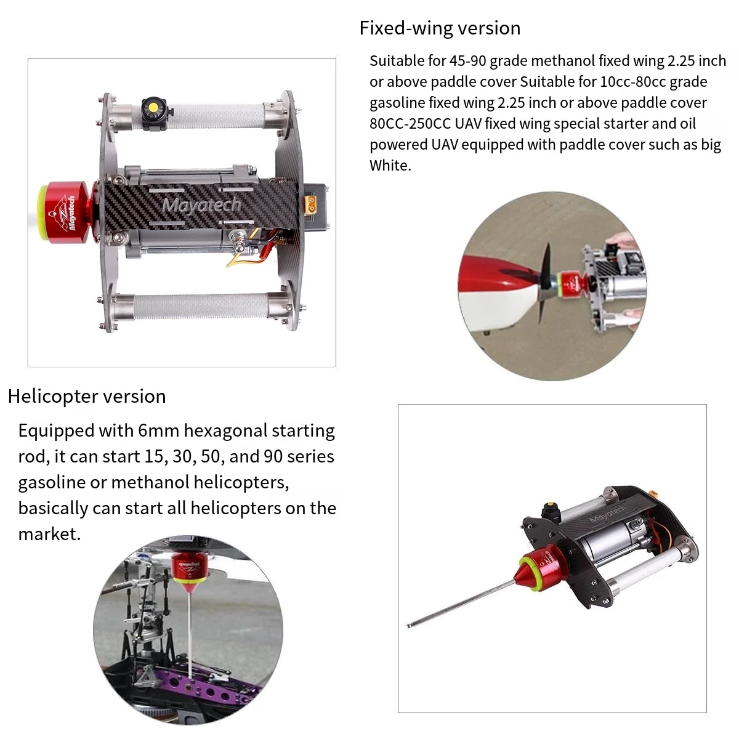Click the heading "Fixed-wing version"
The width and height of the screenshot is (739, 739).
pyautogui.click(x=440, y=28)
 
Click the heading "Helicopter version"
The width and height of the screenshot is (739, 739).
pyautogui.click(x=87, y=396)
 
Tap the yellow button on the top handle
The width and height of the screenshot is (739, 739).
pyautogui.click(x=153, y=107)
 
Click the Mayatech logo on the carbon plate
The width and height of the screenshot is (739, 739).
pyautogui.click(x=201, y=205)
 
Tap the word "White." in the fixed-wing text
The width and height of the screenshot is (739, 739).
pyautogui.click(x=390, y=166)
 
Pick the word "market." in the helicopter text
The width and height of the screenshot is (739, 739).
pyautogui.click(x=49, y=534)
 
